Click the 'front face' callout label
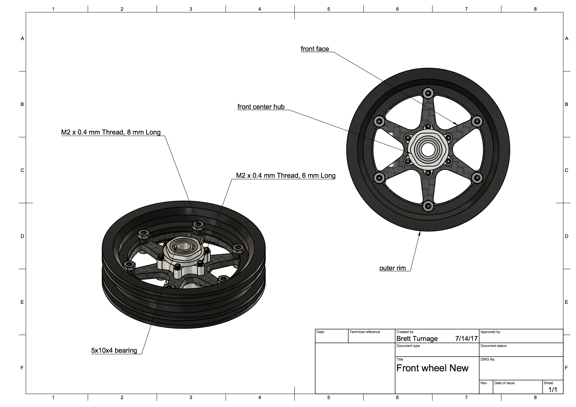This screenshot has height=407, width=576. coord(315,49)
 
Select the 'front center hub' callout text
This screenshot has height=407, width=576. coord(261,107)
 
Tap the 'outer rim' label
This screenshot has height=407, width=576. coord(392,268)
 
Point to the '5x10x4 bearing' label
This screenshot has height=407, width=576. coord(114,350)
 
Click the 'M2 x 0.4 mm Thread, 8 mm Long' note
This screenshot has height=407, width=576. coord(111,132)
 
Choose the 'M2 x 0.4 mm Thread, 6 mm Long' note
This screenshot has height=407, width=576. coord(286,175)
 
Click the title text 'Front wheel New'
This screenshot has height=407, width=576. coord(432,368)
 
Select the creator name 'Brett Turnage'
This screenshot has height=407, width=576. coord(417,339)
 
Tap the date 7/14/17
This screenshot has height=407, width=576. coord(466,339)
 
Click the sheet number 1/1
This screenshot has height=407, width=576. coord(553,390)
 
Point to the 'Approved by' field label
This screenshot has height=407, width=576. coord(490,332)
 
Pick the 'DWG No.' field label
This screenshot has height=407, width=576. coord(488,359)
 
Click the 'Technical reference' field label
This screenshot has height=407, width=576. coord(365,332)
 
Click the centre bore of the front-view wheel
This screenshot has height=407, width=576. coord(428,150)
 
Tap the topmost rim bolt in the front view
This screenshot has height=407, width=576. coord(428,93)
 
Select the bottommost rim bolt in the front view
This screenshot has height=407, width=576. coord(428,206)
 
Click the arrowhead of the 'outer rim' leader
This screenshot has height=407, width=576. coord(419,233)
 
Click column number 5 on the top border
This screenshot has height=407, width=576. coord(328,9)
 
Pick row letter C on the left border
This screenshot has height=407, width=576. coord(22,170)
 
